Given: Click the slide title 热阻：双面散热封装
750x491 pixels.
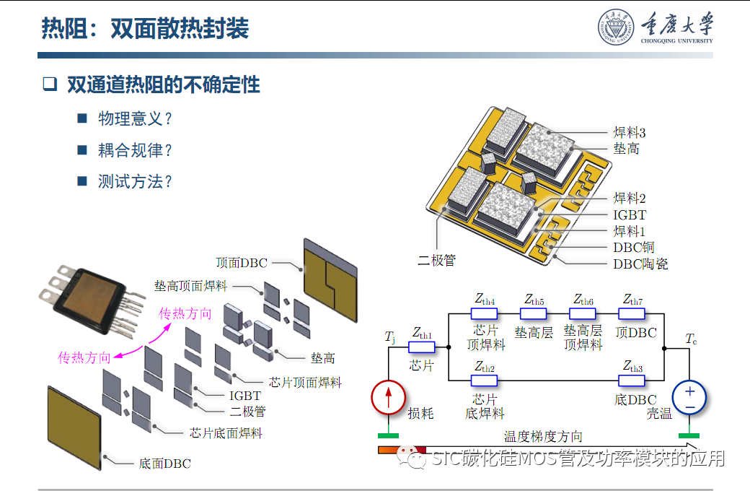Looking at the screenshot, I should click(x=145, y=28).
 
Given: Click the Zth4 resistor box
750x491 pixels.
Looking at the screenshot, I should click(x=484, y=313).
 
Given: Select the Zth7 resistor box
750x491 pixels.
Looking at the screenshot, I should click(x=632, y=313).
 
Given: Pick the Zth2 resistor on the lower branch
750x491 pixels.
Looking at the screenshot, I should click(x=484, y=381).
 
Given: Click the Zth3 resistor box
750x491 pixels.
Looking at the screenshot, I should click(x=632, y=381).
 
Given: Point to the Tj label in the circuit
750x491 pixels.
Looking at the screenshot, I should click(x=390, y=336).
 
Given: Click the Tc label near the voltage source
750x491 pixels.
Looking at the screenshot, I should click(x=691, y=339).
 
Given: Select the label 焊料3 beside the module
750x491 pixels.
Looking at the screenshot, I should click(x=630, y=132).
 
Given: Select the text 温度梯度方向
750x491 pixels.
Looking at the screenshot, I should click(x=543, y=436).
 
